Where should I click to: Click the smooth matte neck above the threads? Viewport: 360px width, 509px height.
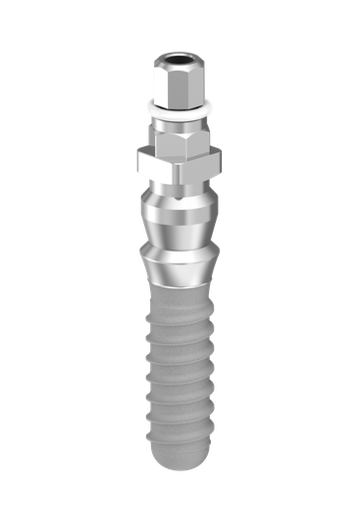coord(180,303)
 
